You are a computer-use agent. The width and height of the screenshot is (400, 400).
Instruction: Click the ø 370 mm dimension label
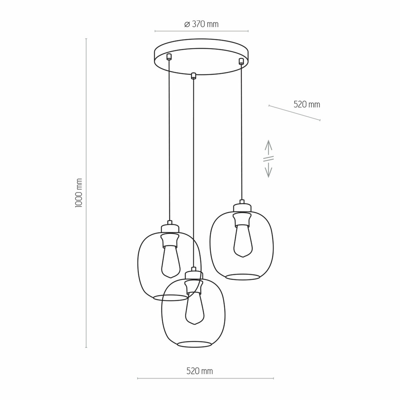click(201, 24)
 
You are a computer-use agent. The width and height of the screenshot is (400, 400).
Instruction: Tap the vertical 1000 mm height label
click(79, 193)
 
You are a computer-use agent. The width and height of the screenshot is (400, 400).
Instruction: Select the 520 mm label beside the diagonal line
click(307, 104)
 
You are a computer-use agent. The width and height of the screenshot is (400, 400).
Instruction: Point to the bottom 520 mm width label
click(200, 371)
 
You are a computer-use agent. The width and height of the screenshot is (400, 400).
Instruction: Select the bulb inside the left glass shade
click(171, 261)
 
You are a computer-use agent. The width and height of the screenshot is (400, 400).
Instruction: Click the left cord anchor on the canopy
click(169, 57)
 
